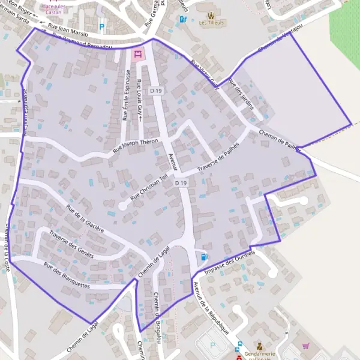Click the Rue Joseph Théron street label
coord(139,144)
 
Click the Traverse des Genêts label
coord(71,244)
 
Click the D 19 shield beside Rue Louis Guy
coord(157,91)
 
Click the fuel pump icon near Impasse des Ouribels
coord(205,257)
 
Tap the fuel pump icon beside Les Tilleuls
coord(182,19)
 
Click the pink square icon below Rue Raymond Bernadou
coord(137,55)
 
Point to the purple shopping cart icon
coord(306,346)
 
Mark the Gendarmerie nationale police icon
coord(259,346)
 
